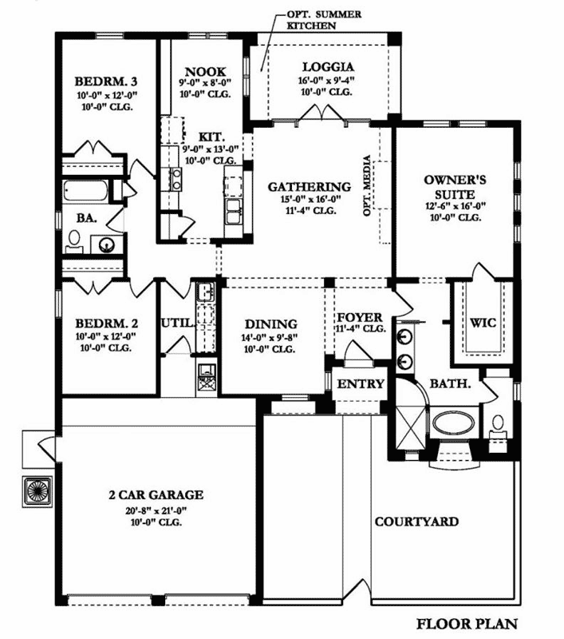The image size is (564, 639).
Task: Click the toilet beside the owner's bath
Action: tap(499, 421)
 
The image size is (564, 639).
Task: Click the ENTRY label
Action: tap(361, 384)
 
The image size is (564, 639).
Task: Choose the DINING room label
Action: tap(270, 324)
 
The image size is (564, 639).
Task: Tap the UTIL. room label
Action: tap(176, 323)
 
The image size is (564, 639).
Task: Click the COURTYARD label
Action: tap(416, 522)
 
